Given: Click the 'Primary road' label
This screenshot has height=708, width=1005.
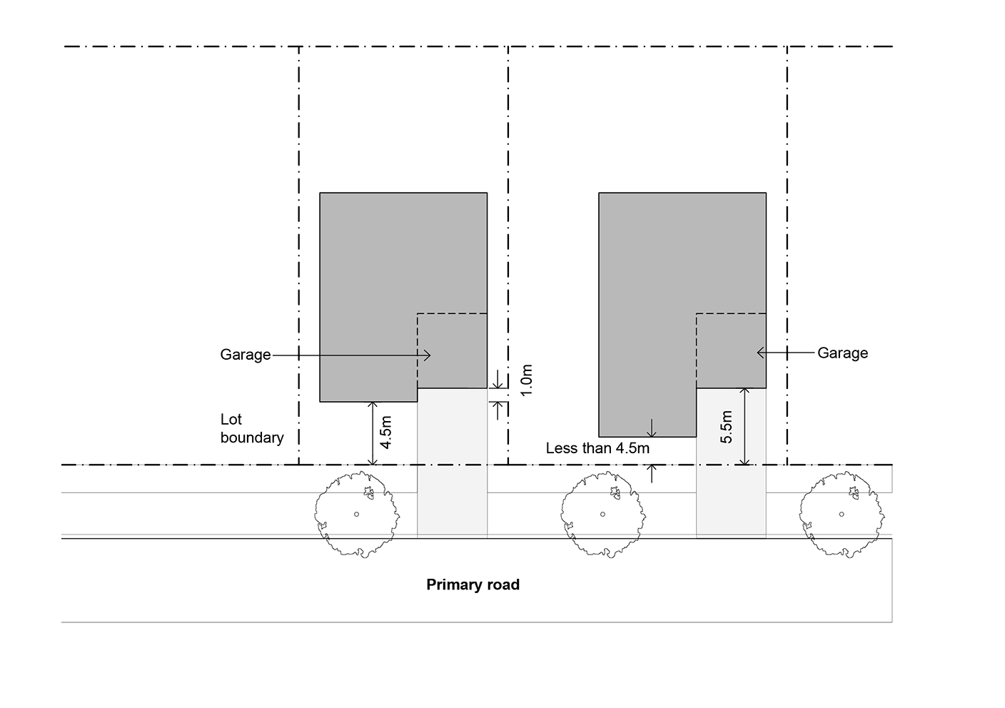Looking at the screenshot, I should click(473, 585).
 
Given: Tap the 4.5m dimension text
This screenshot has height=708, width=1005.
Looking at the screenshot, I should click(385, 433).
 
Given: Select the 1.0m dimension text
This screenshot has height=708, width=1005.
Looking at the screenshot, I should click(527, 381).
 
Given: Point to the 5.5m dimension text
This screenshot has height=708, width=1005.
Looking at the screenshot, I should click(727, 427).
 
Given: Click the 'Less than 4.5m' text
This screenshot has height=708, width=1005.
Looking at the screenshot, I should click(597, 449).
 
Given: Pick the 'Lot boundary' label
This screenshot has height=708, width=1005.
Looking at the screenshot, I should click(251, 428).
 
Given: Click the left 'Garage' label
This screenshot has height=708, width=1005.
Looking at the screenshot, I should click(245, 355).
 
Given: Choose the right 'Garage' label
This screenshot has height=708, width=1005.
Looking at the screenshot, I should click(842, 353).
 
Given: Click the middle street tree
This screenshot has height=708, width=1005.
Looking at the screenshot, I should click(602, 514).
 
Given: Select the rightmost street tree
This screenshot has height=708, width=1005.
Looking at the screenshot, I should click(842, 514).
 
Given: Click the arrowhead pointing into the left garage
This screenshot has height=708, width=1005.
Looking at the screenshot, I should click(428, 355).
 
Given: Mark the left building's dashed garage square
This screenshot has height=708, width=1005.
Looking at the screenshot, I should click(452, 350).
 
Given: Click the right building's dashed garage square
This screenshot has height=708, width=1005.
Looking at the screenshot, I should click(731, 350).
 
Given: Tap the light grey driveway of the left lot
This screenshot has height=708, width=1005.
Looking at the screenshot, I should click(452, 464).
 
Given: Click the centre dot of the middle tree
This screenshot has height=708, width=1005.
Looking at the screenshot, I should click(602, 514).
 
